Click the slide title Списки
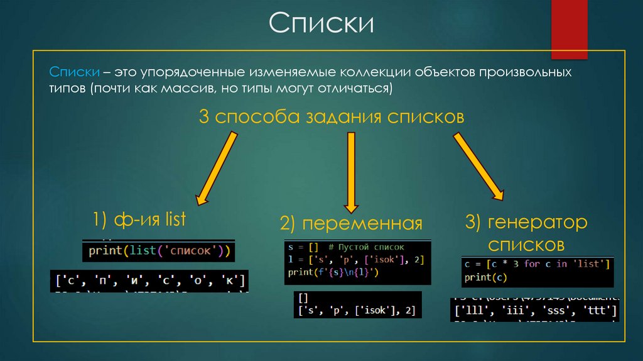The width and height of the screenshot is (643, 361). pos(321,24)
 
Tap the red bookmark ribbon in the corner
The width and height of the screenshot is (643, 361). pos(569,29)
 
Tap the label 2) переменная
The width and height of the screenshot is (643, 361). pos(351,223)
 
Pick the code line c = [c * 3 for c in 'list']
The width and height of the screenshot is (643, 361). pos(537,264)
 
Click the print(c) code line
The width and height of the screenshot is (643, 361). pos(485,277)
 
